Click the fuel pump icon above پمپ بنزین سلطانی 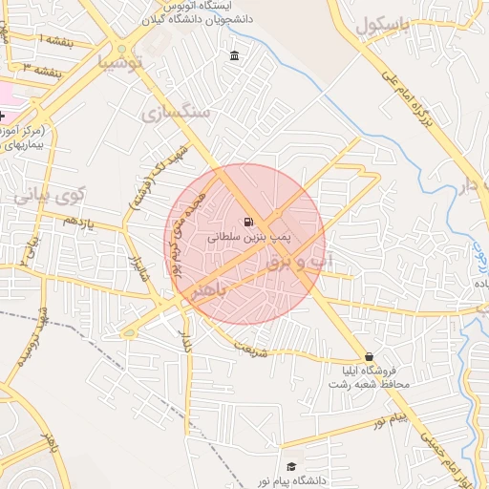tap(249, 221)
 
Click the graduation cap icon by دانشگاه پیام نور tap(290, 467)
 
